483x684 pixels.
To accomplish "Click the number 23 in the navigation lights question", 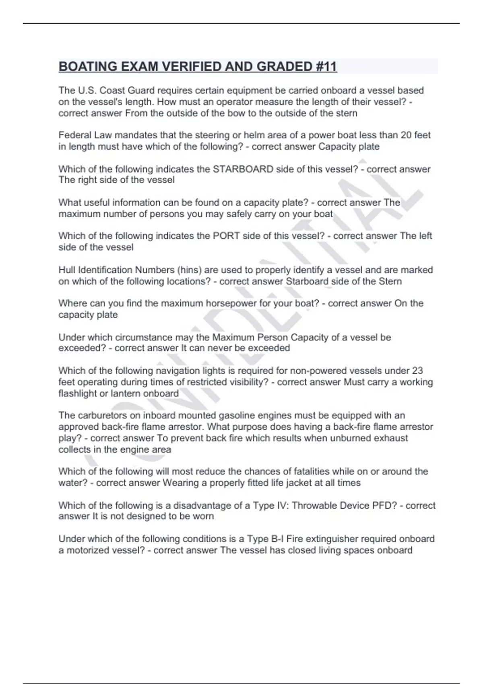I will coord(417,371).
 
